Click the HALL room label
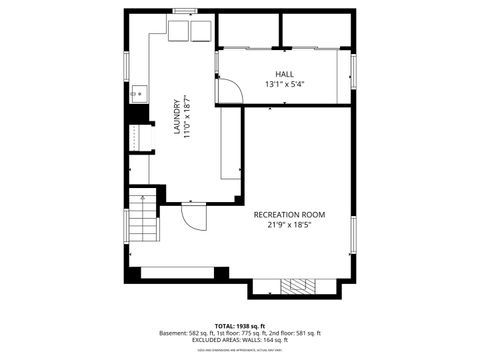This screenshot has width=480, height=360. click(285, 74)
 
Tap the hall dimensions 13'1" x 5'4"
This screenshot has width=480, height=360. click(285, 85)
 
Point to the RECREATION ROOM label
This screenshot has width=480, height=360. click(289, 214)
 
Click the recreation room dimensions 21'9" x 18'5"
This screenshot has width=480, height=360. click(289, 225)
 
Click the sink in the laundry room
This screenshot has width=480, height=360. click(139, 96)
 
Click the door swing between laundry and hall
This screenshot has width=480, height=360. click(230, 91)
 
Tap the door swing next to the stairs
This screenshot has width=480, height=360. click(193, 214)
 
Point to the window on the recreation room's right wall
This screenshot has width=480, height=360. click(353, 231)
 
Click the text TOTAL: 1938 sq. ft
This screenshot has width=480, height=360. click(240, 325)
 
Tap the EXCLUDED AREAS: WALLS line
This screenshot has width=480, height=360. click(240, 339)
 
